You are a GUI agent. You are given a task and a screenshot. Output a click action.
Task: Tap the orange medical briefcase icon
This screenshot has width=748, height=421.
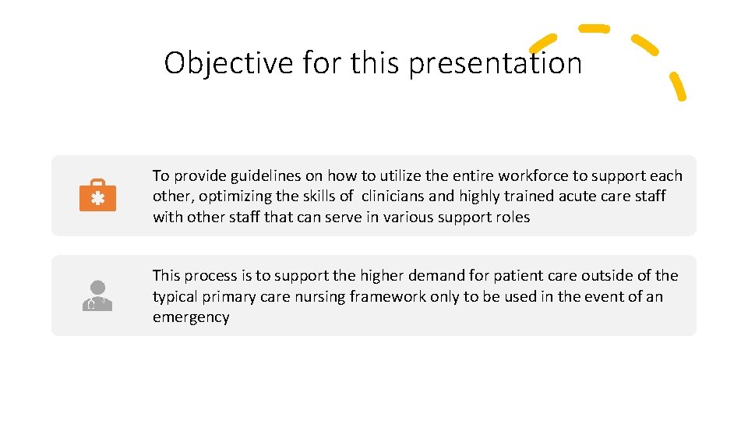[97, 196]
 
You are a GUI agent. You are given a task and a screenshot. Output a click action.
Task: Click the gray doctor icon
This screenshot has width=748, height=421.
[97, 295]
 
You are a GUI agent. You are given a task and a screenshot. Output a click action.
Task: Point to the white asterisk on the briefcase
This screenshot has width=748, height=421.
[97, 199]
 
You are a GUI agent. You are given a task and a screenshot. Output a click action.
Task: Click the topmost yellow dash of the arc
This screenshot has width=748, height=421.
[594, 29]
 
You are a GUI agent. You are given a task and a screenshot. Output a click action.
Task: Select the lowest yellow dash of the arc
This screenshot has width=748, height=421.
[678, 87]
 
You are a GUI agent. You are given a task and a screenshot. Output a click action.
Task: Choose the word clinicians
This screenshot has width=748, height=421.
[397, 196]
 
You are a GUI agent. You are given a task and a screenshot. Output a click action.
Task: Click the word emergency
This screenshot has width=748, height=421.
[191, 317]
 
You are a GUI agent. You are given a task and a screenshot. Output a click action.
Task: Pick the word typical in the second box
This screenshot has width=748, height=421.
[177, 296]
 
